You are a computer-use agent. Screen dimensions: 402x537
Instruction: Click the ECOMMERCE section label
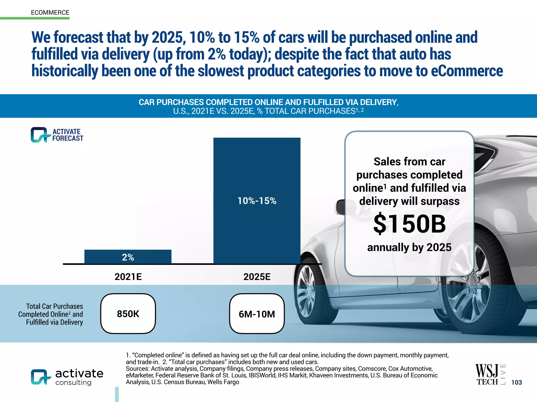click(50, 13)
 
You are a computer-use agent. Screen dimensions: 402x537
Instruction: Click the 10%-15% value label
click(257, 201)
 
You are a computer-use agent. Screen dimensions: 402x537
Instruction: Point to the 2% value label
click(128, 257)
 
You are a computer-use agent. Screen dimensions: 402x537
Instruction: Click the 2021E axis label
click(128, 277)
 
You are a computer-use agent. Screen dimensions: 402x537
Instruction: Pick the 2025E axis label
click(257, 277)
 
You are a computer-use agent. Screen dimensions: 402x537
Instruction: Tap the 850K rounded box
click(128, 314)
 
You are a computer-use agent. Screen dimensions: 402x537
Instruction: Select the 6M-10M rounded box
click(257, 314)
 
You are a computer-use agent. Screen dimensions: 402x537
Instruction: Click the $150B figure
click(409, 224)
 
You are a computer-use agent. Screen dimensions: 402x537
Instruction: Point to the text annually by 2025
click(409, 247)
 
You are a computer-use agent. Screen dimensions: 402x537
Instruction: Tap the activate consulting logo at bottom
click(67, 377)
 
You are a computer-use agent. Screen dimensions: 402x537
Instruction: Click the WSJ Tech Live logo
click(490, 374)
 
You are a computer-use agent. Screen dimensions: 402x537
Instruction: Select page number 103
click(517, 382)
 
